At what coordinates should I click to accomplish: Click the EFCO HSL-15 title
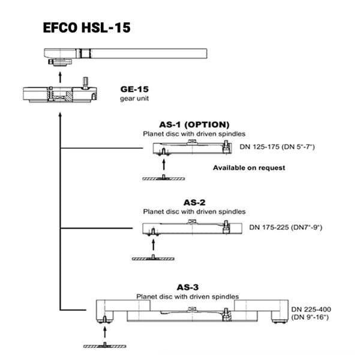click(86, 28)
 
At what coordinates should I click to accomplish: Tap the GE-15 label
click(134, 89)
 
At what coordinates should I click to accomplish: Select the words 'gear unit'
click(134, 98)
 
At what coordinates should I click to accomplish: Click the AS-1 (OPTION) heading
click(194, 125)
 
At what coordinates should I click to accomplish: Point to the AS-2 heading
click(194, 203)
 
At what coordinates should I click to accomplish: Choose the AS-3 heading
click(188, 287)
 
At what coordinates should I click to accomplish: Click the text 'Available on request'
click(249, 167)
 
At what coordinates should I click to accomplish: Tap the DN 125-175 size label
click(277, 147)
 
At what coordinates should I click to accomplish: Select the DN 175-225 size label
click(286, 227)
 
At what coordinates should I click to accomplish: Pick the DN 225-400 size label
click(311, 313)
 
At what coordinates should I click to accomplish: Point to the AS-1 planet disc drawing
click(192, 148)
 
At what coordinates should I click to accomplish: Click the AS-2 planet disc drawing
click(192, 227)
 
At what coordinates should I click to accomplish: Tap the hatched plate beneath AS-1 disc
click(163, 178)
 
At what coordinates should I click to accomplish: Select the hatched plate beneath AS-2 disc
click(153, 258)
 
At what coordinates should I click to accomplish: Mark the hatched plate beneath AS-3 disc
click(104, 346)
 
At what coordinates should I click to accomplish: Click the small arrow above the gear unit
click(60, 77)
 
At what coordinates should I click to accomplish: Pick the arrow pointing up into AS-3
click(105, 332)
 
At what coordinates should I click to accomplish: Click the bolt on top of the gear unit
click(85, 83)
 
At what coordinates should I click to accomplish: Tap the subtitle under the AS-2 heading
click(194, 212)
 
